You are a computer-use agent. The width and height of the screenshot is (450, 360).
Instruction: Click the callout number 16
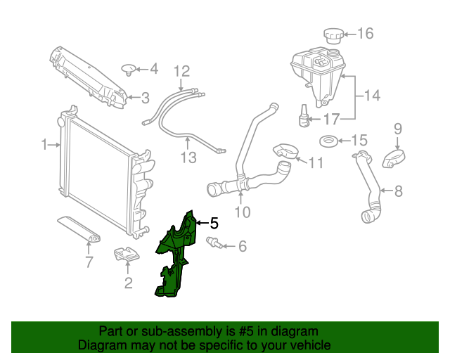[366, 33]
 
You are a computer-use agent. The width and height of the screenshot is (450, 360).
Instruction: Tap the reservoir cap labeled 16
[331, 35]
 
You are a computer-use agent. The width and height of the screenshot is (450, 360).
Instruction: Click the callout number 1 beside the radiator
[44, 145]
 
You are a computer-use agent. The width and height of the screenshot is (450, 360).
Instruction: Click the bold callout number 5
[214, 224]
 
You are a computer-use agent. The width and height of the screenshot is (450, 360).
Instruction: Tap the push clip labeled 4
[128, 69]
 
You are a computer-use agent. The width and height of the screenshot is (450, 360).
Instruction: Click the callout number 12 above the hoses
[181, 70]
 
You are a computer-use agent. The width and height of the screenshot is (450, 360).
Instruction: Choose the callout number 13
[188, 157]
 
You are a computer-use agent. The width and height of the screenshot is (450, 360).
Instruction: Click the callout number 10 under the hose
[242, 211]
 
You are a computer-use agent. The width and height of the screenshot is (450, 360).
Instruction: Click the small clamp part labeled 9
[395, 158]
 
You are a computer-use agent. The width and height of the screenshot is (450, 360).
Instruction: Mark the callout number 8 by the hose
[399, 190]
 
